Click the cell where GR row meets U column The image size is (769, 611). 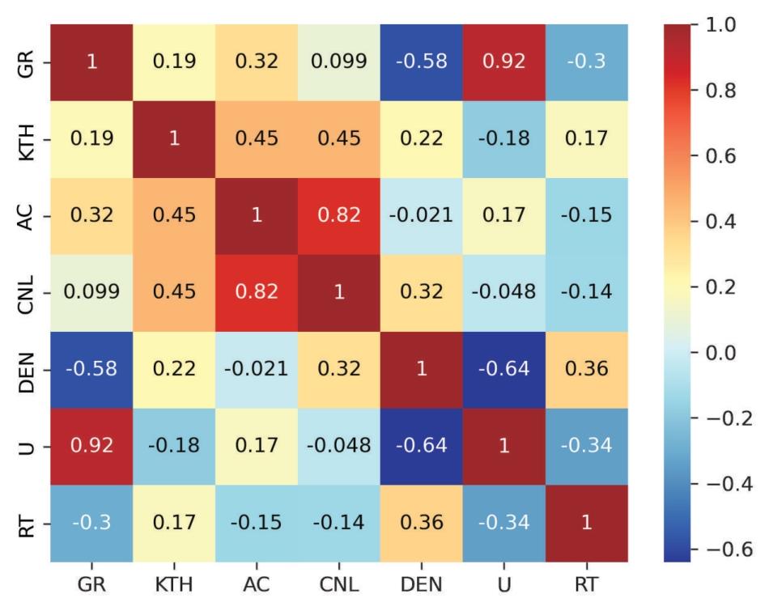pyautogui.click(x=504, y=62)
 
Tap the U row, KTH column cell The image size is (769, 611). pyautogui.click(x=174, y=446)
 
